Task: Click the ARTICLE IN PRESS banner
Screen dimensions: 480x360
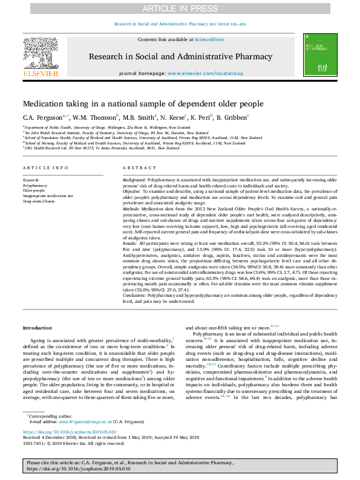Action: point(180,8)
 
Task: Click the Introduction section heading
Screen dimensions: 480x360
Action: point(38,328)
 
